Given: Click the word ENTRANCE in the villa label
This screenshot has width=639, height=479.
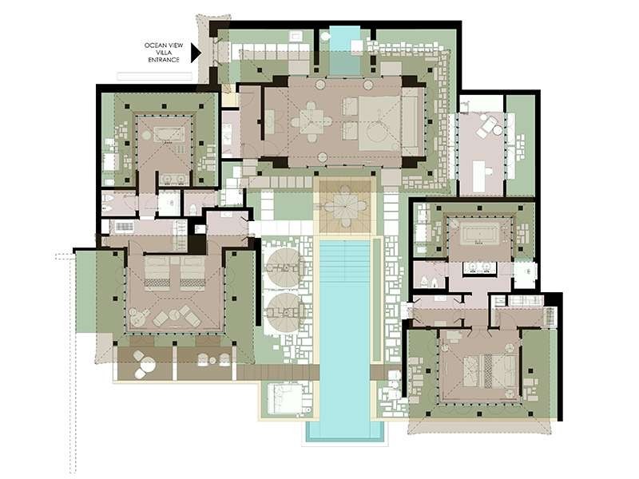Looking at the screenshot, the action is point(164,60).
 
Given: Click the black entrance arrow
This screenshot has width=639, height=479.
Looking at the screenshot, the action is point(196,53).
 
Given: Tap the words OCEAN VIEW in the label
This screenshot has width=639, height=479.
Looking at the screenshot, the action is point(164,46).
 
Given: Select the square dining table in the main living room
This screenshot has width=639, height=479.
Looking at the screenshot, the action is point(312,121).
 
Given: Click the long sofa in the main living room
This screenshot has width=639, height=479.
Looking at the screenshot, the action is point(411,121).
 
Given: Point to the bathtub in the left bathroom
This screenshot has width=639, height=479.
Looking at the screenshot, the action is point(169,134).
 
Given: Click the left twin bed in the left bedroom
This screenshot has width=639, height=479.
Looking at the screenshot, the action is point(157,272).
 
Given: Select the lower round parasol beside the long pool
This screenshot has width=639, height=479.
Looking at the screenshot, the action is point(285,312).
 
